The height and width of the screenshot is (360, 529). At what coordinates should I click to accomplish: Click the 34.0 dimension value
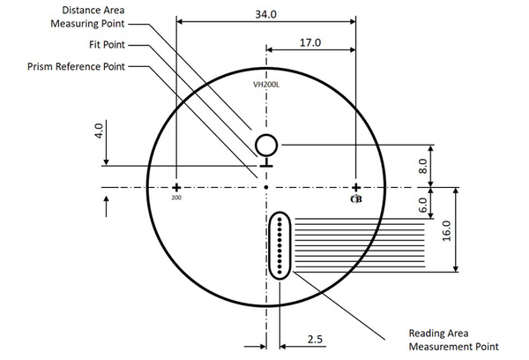click(265, 14)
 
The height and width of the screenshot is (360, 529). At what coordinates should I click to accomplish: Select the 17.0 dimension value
click(310, 42)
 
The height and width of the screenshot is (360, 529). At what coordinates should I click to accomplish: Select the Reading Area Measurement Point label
click(455, 340)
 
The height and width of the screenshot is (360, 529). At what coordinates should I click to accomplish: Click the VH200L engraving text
click(265, 85)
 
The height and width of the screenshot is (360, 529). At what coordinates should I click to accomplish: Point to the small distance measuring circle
click(266, 144)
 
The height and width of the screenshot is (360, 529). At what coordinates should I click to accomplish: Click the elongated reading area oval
click(279, 245)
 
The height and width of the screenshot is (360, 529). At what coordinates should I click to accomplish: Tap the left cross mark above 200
click(176, 187)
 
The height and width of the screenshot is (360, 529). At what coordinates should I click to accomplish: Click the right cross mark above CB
click(356, 187)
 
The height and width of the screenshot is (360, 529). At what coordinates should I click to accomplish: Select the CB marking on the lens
click(356, 199)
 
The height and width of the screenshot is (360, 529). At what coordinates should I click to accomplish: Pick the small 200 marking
click(176, 199)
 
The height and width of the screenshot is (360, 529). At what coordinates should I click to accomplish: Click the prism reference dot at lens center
click(266, 187)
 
